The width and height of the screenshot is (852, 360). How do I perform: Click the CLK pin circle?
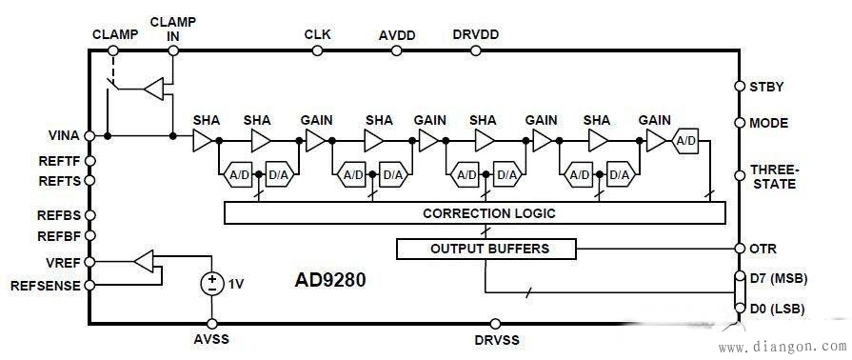pyautogui.click(x=318, y=51)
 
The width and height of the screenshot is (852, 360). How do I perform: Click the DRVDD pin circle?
pyautogui.click(x=475, y=51)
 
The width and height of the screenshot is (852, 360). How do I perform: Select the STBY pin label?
pyautogui.click(x=766, y=87)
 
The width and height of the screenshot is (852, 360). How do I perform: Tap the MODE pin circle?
pyautogui.click(x=740, y=123)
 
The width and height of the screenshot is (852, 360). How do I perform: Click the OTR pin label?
pyautogui.click(x=763, y=250)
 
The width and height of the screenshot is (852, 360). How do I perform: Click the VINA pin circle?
pyautogui.click(x=89, y=136)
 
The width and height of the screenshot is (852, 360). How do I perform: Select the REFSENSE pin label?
pyautogui.click(x=44, y=285)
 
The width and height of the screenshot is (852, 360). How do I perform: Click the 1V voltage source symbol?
pyautogui.click(x=212, y=284)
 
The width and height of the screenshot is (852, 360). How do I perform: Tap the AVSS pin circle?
pyautogui.click(x=212, y=324)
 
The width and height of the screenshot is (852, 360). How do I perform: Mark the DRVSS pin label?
pyautogui.click(x=495, y=340)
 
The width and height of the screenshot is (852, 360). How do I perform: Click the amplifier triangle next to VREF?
pyautogui.click(x=143, y=260)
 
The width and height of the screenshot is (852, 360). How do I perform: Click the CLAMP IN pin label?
pyautogui.click(x=172, y=28)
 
